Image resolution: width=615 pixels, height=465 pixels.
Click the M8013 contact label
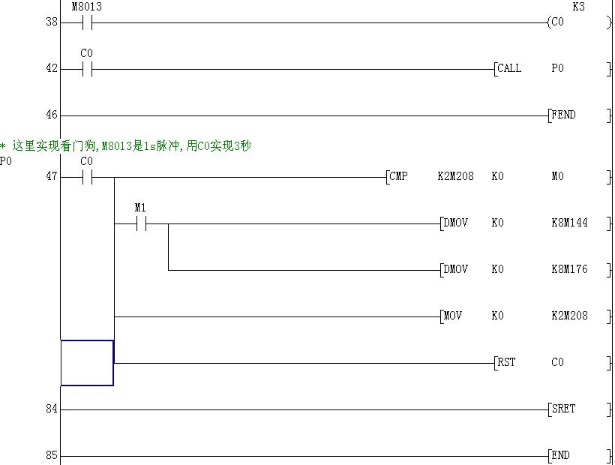coord(86,7)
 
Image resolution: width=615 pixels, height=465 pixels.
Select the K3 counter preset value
coord(578,7)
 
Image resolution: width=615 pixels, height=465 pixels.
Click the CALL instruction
coord(510,69)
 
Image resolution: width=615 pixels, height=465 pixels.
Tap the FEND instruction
coord(564,115)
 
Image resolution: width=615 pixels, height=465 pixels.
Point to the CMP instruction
coord(399,177)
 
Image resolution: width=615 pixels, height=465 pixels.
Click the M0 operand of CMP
coord(557,177)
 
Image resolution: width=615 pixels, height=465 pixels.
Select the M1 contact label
coord(140,207)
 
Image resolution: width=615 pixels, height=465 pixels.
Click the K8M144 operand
coord(569,223)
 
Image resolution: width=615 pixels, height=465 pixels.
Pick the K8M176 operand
coord(569,270)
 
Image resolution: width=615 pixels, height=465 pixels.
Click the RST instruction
coord(507,363)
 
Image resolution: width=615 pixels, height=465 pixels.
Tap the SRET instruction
coord(564,409)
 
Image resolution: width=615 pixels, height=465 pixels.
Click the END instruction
coord(561,456)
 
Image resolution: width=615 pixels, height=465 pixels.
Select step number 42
coord(51,69)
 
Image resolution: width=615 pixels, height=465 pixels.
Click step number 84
coord(51,409)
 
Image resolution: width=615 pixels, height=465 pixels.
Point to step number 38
coord(51,22)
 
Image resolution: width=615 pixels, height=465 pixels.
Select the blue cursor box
coord(87,363)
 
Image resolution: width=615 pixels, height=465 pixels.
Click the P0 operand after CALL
coord(557,69)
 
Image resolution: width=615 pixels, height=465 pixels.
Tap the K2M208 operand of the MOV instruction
coord(569,316)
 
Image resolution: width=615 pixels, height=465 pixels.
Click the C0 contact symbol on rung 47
coord(86,178)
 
